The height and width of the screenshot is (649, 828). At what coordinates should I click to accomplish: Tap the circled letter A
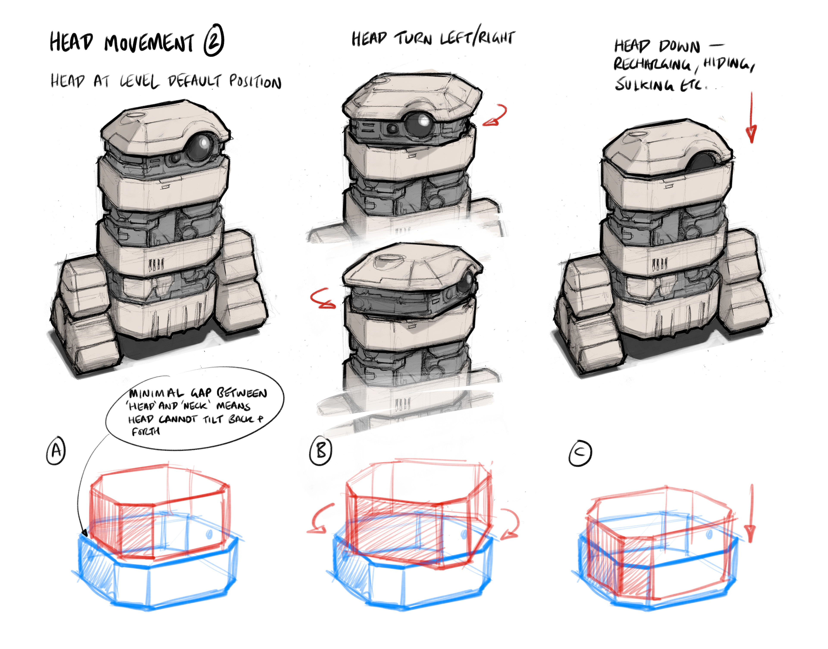click(x=56, y=450)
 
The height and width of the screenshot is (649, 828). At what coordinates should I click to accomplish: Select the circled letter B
click(x=320, y=451)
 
